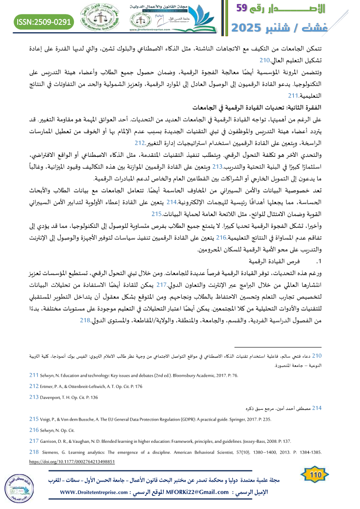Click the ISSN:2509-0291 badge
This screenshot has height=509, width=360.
point(44,22)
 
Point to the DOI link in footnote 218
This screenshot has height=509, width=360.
point(72,461)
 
